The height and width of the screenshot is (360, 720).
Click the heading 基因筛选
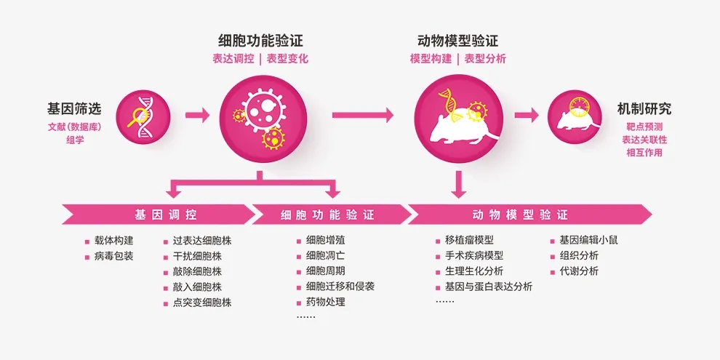click(74, 109)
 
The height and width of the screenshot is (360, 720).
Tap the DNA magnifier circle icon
click(143, 116)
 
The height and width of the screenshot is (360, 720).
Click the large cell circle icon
click(260, 115)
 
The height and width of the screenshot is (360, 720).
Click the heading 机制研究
click(644, 109)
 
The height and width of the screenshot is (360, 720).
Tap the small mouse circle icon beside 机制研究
click(575, 116)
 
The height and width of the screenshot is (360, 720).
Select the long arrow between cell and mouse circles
click(362, 115)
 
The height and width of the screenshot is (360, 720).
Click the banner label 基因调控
click(165, 215)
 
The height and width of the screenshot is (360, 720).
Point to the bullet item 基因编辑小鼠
click(588, 240)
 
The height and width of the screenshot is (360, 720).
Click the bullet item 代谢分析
click(579, 271)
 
